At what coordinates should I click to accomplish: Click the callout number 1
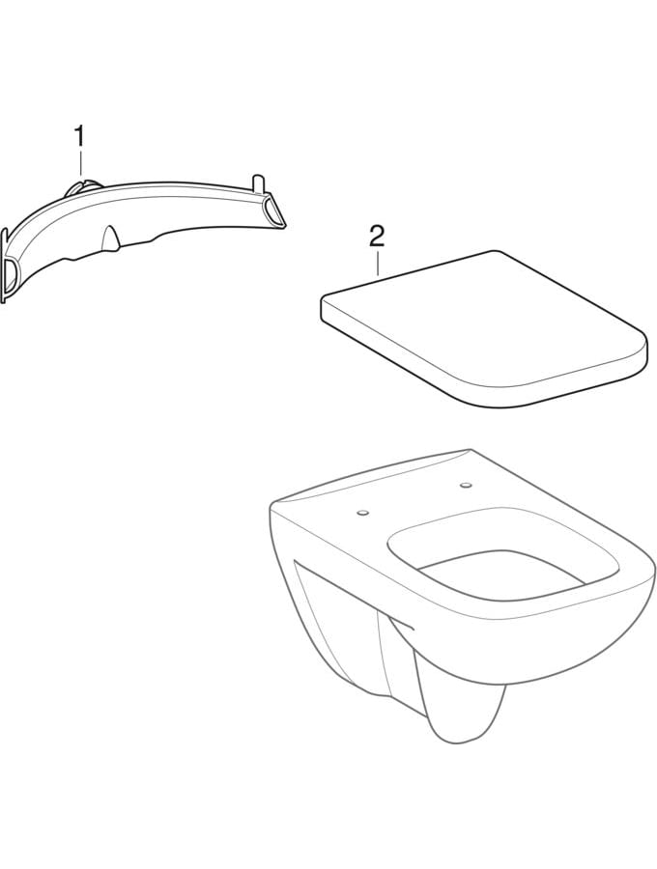81,136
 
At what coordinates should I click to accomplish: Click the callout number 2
377,238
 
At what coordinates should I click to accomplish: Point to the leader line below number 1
81,164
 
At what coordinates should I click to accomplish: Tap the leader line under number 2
377,263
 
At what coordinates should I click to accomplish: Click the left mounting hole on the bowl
363,512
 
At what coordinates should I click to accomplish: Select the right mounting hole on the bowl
465,486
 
